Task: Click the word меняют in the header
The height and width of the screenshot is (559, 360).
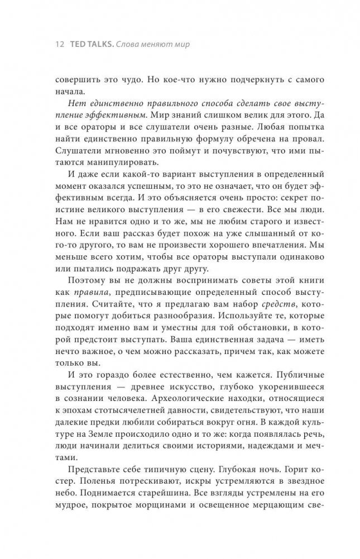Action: coord(155,43)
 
